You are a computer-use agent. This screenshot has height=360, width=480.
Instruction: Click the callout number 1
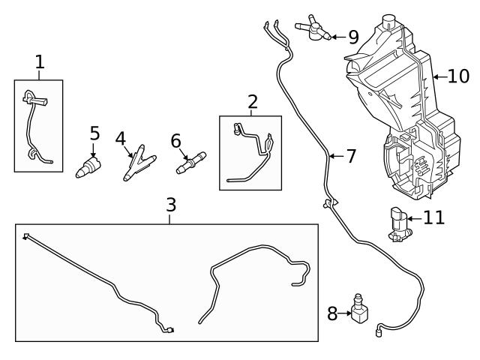[x=40, y=62]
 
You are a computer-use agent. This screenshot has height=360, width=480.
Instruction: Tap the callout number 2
[x=252, y=101]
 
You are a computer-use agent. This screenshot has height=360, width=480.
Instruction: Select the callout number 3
[x=172, y=204]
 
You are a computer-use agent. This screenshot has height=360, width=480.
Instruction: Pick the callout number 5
[x=94, y=133]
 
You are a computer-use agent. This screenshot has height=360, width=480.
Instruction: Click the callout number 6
[x=176, y=140]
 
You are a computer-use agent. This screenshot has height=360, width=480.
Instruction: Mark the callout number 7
[x=350, y=157]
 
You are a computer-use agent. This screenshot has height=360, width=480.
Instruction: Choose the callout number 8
[x=332, y=313]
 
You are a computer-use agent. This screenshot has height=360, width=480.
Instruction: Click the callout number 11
[x=433, y=218]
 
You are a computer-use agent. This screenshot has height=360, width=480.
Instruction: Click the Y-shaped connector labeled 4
[x=135, y=163]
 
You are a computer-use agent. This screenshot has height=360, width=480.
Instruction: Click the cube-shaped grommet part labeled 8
[x=360, y=313]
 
